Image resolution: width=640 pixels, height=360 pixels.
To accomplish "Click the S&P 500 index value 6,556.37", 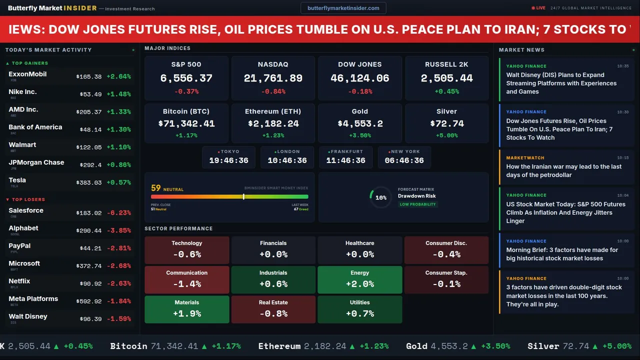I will click(x=186, y=78).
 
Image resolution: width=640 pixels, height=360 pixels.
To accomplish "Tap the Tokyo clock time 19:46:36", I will click(x=228, y=160).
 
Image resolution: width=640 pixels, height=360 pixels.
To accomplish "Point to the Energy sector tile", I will click(x=359, y=279).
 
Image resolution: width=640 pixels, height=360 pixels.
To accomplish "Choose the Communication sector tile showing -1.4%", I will click(x=186, y=279).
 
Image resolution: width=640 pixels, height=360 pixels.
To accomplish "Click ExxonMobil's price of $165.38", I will click(x=89, y=77).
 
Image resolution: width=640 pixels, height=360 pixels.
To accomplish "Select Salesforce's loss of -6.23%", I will click(x=119, y=213).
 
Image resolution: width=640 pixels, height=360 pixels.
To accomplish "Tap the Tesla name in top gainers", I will click(x=17, y=180).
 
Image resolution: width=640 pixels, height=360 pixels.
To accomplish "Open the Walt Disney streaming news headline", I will click(x=561, y=83).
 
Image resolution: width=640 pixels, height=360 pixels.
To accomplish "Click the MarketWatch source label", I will click(x=518, y=158).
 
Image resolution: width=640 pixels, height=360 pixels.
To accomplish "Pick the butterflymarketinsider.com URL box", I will click(x=343, y=8).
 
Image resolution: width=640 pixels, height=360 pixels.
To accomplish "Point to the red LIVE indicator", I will click(x=538, y=8).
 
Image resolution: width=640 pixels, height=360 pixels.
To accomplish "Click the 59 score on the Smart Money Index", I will click(x=156, y=188).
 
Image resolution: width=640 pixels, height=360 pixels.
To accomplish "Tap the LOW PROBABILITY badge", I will click(x=417, y=204).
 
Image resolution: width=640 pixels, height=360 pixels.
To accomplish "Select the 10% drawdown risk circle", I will click(x=380, y=197).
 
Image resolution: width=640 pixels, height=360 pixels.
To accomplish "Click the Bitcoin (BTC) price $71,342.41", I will click(x=186, y=123).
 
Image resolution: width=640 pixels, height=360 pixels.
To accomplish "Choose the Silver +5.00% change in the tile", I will click(x=446, y=135).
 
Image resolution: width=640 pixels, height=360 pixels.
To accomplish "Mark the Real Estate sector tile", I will click(x=273, y=308).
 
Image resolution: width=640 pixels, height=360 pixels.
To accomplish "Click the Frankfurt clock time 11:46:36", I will click(x=345, y=160).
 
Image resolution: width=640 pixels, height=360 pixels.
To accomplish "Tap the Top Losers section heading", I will click(x=28, y=199).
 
